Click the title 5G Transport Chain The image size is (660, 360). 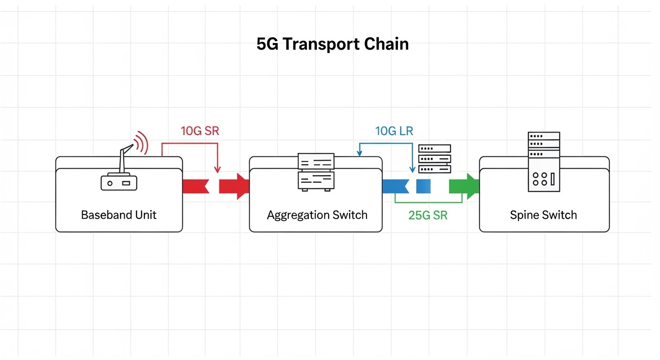point(332,44)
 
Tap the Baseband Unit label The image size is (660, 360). point(119,215)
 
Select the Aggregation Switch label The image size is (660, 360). point(317,215)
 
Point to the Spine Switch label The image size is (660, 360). point(543,215)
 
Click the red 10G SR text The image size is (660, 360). point(200,131)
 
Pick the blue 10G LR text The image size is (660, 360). point(394,131)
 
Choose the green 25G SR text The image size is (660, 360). point(428,216)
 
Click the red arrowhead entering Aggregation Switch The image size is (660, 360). point(242,186)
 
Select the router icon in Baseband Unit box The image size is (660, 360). point(119,182)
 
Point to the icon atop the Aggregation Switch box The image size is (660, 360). point(316,172)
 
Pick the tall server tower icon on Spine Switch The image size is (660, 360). point(544,161)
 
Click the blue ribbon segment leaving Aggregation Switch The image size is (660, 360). point(395,186)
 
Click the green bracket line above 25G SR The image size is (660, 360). point(428,202)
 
